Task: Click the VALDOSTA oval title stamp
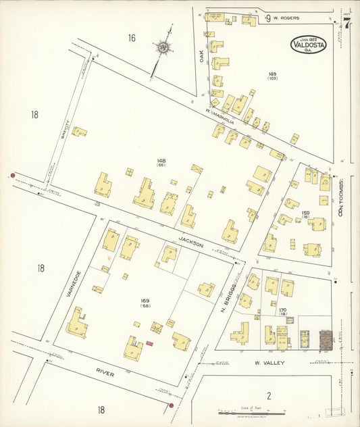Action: tap(311, 44)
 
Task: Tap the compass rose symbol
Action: tap(163, 48)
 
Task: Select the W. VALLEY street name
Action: tap(269, 363)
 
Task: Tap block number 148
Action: tap(161, 161)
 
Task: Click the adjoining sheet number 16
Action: tap(131, 38)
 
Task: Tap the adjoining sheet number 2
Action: tap(268, 396)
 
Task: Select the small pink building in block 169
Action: tap(149, 343)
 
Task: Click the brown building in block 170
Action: tap(326, 338)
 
